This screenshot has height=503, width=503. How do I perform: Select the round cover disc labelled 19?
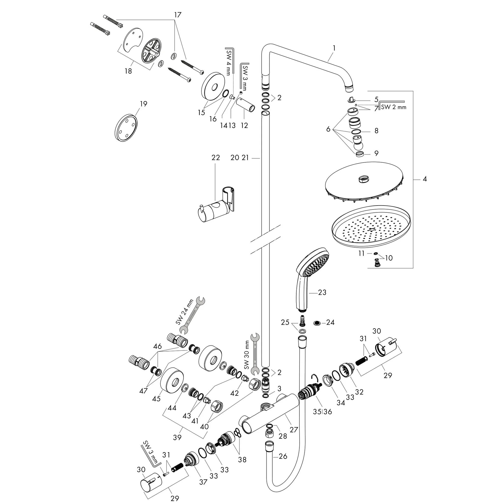click(x=126, y=127)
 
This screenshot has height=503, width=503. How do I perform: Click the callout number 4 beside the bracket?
click(x=425, y=179)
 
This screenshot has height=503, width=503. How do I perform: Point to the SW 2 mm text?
click(x=393, y=107)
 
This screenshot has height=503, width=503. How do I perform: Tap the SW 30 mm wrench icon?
click(x=255, y=354)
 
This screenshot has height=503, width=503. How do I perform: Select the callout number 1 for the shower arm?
click(x=334, y=48)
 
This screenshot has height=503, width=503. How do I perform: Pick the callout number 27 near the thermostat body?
click(x=294, y=429)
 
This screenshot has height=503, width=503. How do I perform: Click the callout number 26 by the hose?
click(x=283, y=456)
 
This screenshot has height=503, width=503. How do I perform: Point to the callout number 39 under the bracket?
click(x=177, y=437)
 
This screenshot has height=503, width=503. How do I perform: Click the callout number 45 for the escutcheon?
click(x=156, y=399)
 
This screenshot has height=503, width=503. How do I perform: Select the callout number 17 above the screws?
click(x=178, y=15)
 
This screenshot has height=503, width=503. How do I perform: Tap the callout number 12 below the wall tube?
click(x=244, y=126)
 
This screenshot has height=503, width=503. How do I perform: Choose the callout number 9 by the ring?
click(x=376, y=153)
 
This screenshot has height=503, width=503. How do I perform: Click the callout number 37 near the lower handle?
click(x=203, y=482)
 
